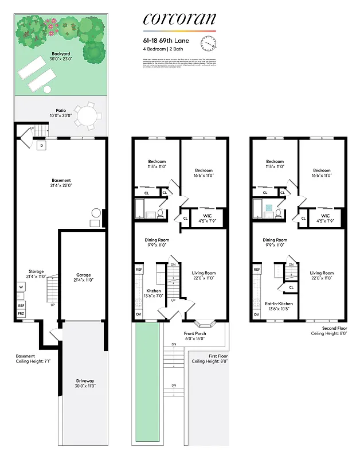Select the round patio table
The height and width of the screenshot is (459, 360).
[x=87, y=116]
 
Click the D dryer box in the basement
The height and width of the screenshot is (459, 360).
[x=41, y=146]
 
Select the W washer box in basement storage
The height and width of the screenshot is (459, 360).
[x=21, y=286]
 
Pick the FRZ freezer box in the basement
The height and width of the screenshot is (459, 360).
[x=21, y=314]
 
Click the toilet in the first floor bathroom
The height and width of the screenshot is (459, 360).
[x=160, y=213]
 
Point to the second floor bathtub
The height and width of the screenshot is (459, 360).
[x=259, y=209]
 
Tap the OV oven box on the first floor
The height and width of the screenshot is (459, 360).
[x=139, y=314]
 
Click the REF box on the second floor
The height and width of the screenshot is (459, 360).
[x=256, y=269]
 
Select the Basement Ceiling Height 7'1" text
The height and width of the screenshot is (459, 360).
[x=29, y=359]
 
